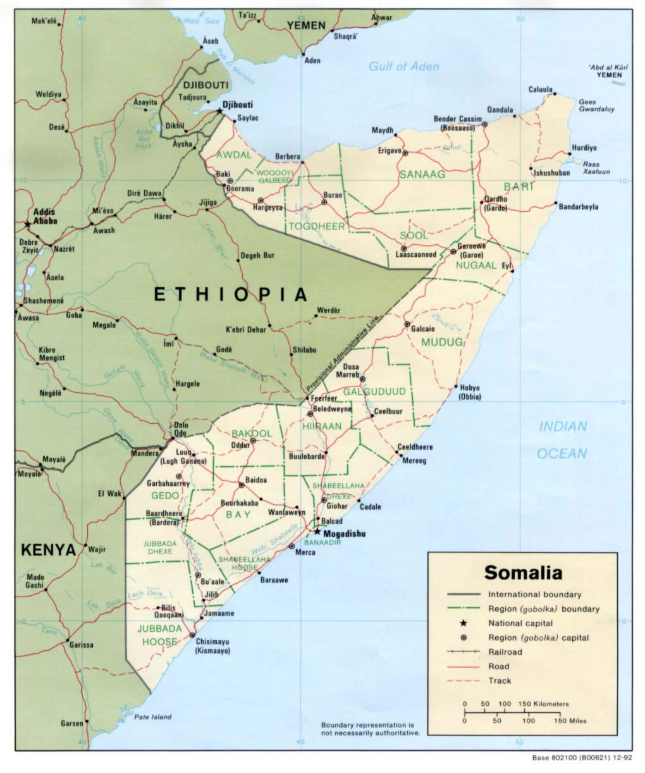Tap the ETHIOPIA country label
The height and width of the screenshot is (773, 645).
[231, 294]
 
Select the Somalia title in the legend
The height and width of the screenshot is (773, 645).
[522, 572]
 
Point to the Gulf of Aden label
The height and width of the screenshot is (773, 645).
[404, 66]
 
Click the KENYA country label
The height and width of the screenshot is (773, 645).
[48, 550]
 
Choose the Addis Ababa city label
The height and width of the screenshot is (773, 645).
[41, 216]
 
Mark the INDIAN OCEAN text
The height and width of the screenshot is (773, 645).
[562, 440]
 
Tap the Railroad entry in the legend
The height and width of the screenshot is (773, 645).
[505, 652]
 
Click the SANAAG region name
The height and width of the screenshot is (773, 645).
[422, 174]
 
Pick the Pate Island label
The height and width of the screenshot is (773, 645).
[152, 717]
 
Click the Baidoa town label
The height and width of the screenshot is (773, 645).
[256, 480]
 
